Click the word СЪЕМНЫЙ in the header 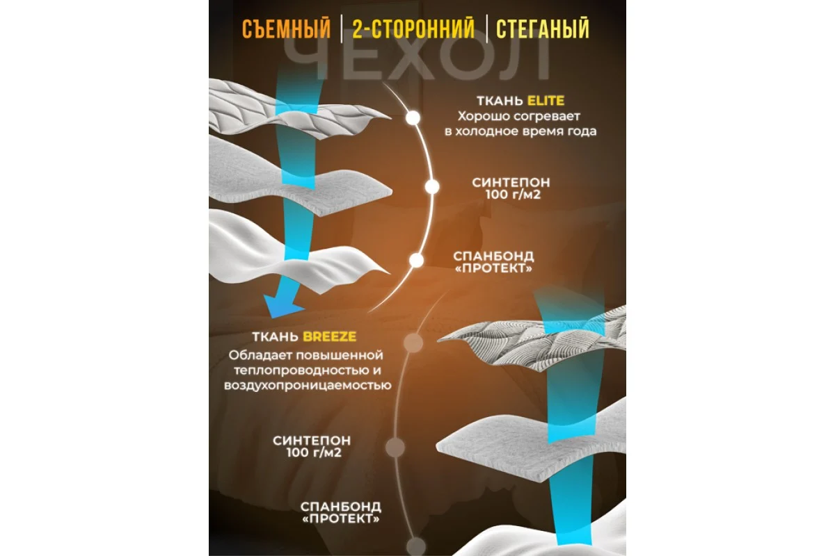click(x=286, y=28)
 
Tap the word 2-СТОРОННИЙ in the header click(x=414, y=28)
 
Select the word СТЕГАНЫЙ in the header click(x=543, y=28)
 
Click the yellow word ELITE click(x=546, y=101)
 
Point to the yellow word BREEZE click(x=330, y=336)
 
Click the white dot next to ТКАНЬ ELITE click(x=413, y=118)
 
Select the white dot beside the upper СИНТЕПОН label click(x=431, y=186)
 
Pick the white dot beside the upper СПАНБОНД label click(x=416, y=261)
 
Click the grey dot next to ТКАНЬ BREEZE click(x=413, y=343)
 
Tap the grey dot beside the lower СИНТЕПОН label click(x=395, y=447)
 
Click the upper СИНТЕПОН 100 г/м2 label click(x=511, y=188)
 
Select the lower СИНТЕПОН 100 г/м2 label click(x=312, y=446)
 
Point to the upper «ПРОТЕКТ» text click(x=493, y=268)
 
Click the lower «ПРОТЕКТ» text click(x=341, y=518)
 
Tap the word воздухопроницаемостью click(x=308, y=386)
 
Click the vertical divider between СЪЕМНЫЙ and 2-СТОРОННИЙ click(x=342, y=28)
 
